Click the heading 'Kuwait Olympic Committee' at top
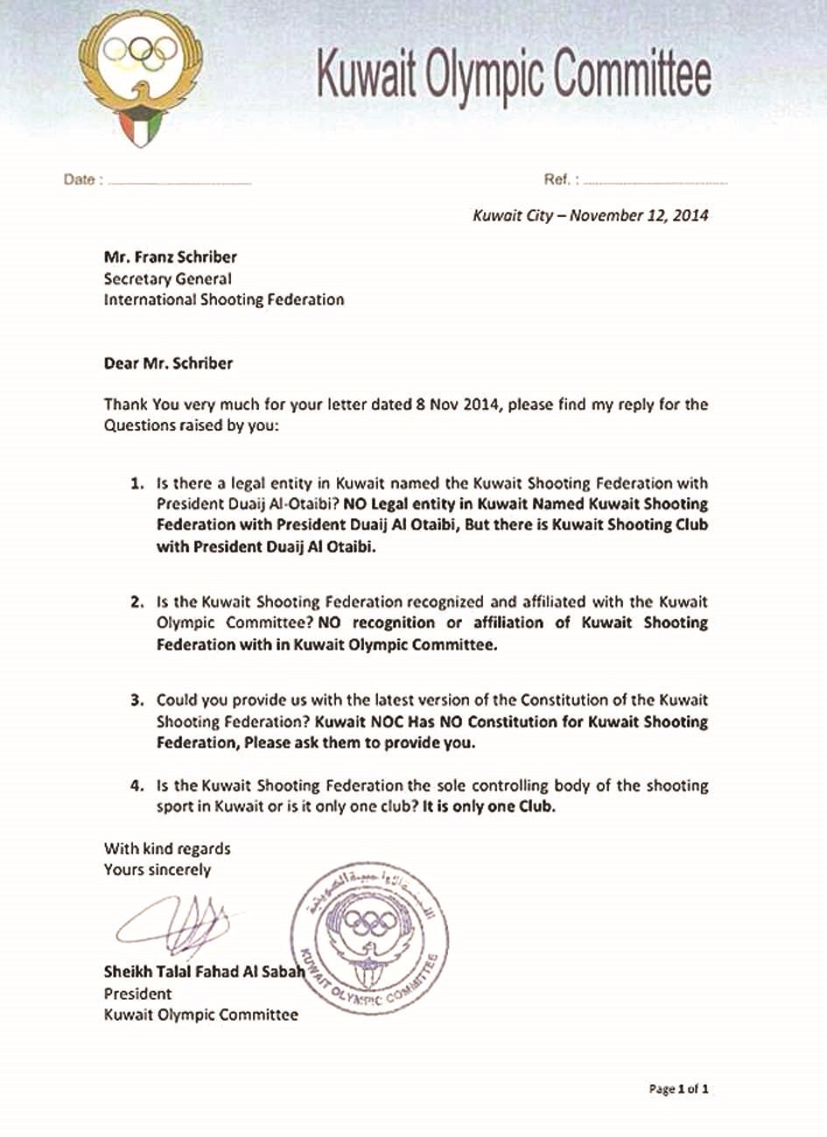click(512, 74)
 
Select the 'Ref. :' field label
click(559, 179)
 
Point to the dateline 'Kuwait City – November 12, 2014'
click(590, 215)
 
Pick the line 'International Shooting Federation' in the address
click(223, 299)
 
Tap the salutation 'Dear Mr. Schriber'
click(168, 362)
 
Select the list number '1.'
click(137, 483)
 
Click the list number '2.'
click(137, 602)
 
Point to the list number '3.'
click(137, 701)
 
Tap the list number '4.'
click(137, 786)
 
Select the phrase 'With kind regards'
click(167, 848)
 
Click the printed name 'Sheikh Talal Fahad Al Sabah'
click(203, 972)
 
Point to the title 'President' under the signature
click(137, 993)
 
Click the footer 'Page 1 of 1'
click(677, 1089)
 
